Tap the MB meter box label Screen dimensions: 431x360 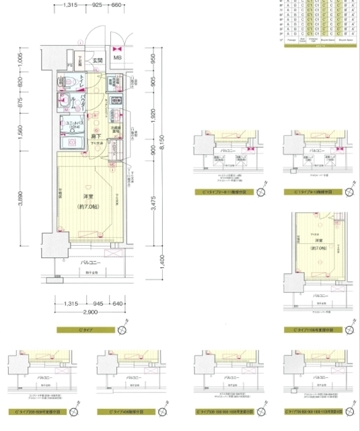pyautogui.click(x=117, y=58)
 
